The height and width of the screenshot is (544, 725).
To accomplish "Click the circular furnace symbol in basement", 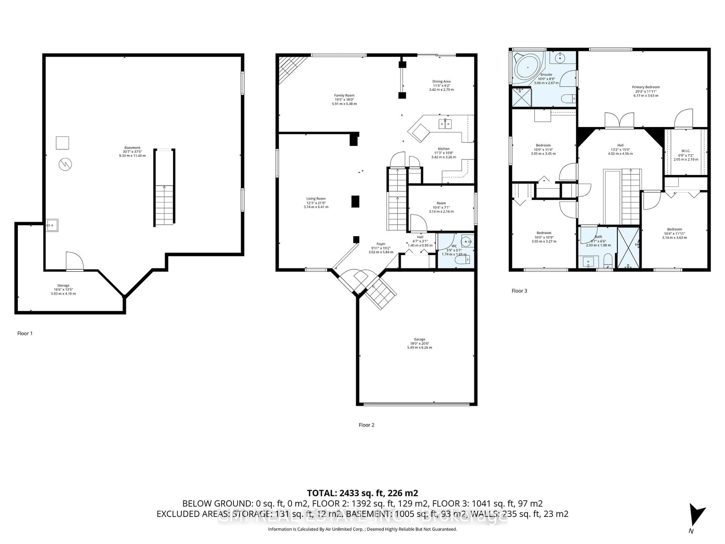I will tap(65, 164).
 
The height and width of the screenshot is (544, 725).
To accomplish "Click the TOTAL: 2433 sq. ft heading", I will tap(362, 493).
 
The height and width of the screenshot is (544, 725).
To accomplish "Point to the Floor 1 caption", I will tap(25, 333).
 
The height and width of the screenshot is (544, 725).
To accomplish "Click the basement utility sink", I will tap(52, 226).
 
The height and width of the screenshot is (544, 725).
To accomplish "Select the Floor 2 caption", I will tap(366, 425).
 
